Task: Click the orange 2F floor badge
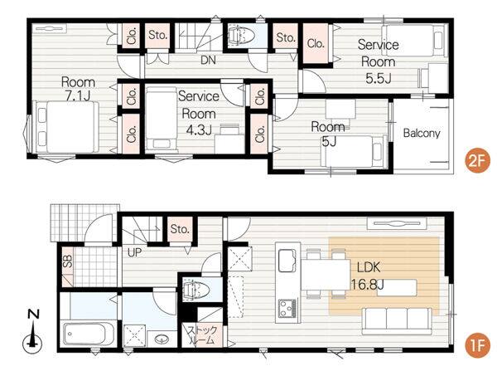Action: [x=477, y=161]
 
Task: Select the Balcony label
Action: [x=422, y=133]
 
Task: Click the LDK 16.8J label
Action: [x=368, y=276]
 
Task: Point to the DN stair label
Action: [x=208, y=60]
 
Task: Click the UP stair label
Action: [x=134, y=252]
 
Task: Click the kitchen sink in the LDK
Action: [x=287, y=260]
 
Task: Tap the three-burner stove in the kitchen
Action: [x=287, y=308]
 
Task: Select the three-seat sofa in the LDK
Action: [x=397, y=321]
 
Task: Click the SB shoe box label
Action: [x=68, y=261]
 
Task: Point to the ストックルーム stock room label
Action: [x=202, y=335]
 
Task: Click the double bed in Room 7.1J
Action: [x=66, y=127]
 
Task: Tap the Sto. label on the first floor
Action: [x=180, y=229]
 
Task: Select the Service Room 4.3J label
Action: [x=199, y=113]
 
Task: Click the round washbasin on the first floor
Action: [x=162, y=339]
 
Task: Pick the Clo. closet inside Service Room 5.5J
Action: [x=316, y=43]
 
